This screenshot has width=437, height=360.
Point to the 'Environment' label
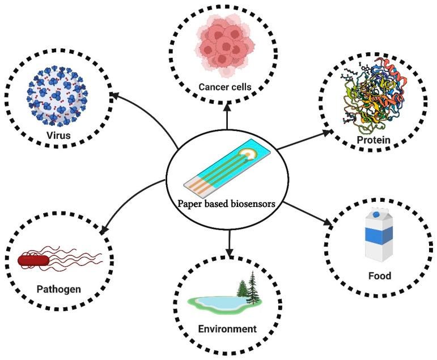[x=227, y=329]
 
